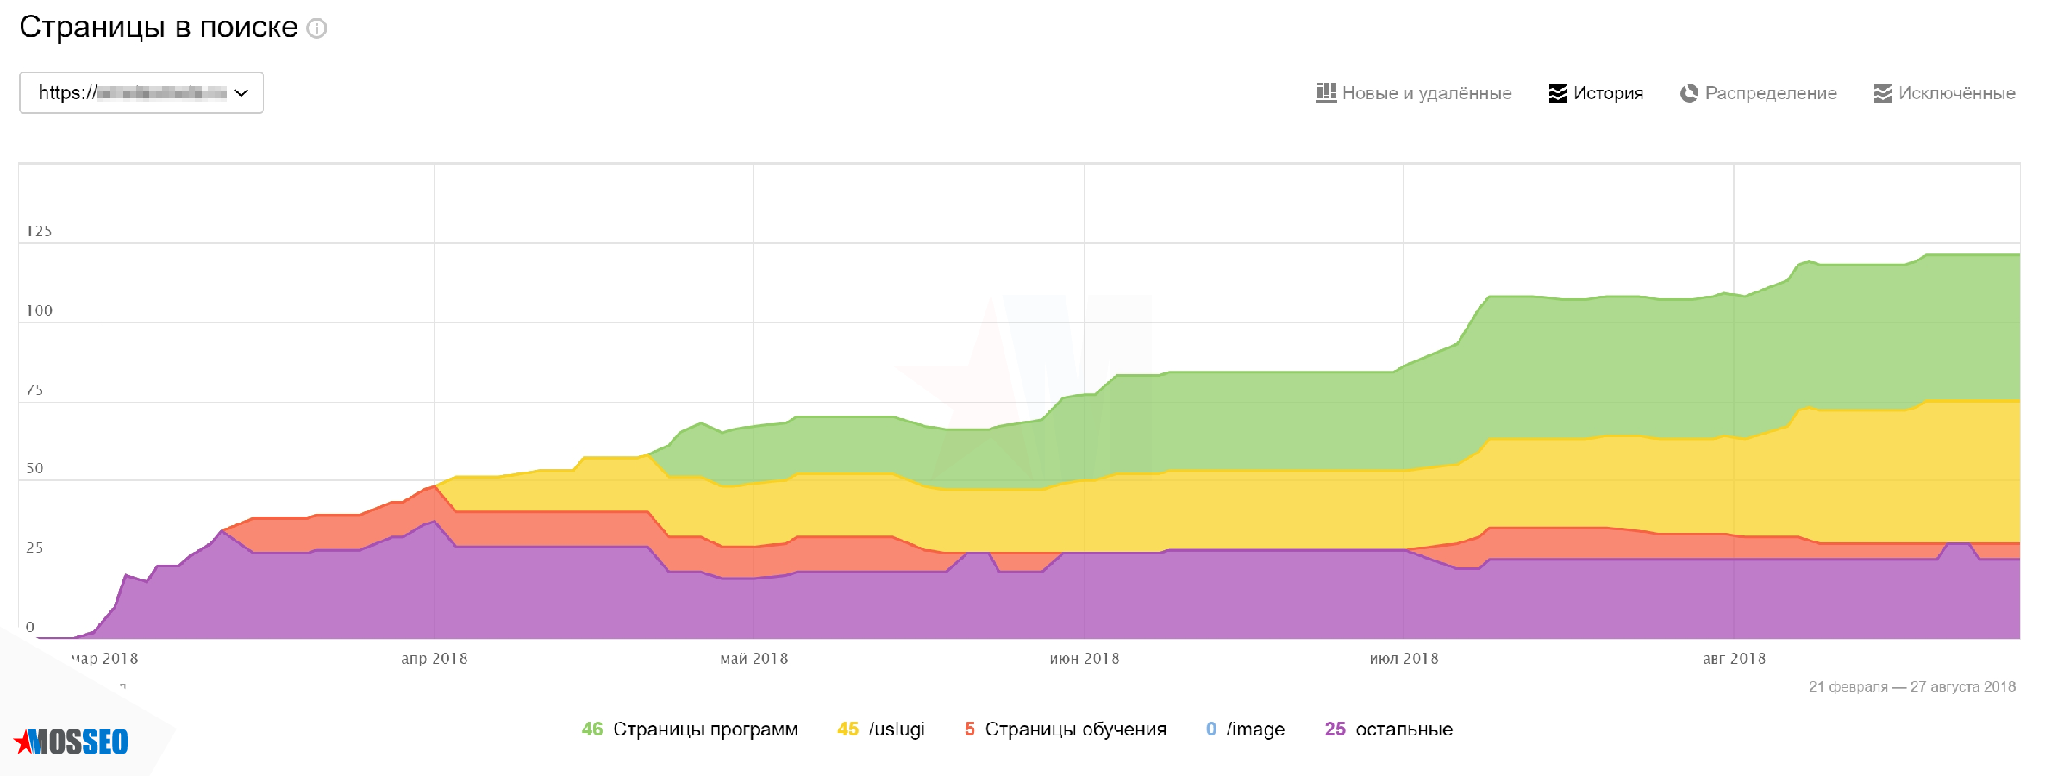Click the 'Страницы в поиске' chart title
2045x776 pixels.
(x=159, y=28)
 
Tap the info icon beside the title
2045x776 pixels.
(x=317, y=28)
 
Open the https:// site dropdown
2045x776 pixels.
(x=141, y=93)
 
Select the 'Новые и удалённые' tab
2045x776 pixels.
(x=1414, y=93)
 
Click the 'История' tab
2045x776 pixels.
(x=1596, y=93)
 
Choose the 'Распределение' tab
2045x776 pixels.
(x=1759, y=93)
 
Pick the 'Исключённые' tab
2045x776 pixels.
(x=1945, y=93)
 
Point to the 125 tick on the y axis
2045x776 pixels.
(x=39, y=231)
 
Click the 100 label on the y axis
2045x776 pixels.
(x=39, y=310)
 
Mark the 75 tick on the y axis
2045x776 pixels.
(x=34, y=390)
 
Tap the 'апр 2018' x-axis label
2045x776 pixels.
(x=435, y=659)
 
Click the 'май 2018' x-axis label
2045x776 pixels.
(x=754, y=659)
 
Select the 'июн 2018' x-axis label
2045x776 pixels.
(x=1085, y=659)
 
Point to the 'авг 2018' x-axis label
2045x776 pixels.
(x=1734, y=659)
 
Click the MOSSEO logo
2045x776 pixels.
(x=72, y=742)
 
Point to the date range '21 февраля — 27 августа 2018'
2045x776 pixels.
(x=1911, y=687)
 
